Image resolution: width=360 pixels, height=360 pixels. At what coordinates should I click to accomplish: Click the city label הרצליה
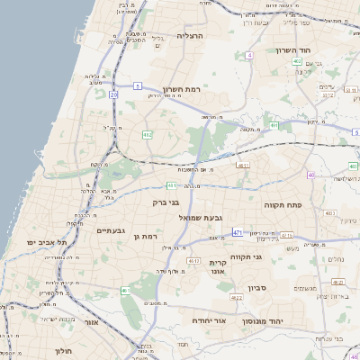point(190,36)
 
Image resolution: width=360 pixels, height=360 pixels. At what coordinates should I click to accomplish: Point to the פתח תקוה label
point(282,205)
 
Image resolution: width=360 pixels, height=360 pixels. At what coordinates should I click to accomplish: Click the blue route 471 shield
point(238,233)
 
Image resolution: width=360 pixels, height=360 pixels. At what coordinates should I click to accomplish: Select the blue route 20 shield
point(113,94)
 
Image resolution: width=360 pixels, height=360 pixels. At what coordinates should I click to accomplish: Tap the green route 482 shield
point(147,135)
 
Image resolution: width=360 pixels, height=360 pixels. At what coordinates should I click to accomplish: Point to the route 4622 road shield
point(237,297)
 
